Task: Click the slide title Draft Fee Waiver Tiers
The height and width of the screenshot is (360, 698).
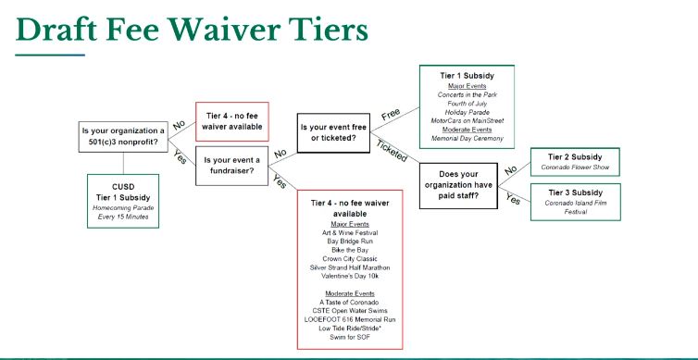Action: (x=192, y=30)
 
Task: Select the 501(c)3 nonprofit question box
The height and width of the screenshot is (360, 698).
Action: (x=123, y=137)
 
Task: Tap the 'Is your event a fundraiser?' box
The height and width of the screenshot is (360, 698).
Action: (x=232, y=166)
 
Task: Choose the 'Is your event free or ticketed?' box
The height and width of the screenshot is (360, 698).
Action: (x=333, y=132)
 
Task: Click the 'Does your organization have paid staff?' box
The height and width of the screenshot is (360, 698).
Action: (x=458, y=185)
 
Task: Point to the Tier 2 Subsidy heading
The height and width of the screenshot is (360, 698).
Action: (x=575, y=157)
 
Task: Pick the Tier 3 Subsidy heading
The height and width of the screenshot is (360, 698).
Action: (x=575, y=192)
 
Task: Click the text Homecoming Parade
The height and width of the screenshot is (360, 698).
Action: (x=123, y=208)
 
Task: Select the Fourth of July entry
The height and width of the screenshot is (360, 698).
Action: (x=467, y=104)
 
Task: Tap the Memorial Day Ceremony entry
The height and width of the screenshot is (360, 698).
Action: (x=467, y=139)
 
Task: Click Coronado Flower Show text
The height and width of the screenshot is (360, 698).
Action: (x=575, y=168)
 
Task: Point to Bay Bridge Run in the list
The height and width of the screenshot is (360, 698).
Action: (x=350, y=242)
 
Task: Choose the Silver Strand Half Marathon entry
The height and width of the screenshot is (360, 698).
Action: (x=350, y=267)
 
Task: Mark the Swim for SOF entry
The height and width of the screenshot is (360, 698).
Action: (x=350, y=337)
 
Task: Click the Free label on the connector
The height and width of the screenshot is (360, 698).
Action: (x=392, y=115)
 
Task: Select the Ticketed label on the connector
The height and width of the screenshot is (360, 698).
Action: (x=392, y=151)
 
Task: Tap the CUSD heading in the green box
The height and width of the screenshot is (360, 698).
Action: (x=123, y=187)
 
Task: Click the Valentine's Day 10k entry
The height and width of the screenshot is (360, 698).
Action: (x=350, y=276)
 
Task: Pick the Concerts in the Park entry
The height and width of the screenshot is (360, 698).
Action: (x=467, y=94)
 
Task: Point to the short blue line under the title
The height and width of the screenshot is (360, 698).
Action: (x=50, y=56)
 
